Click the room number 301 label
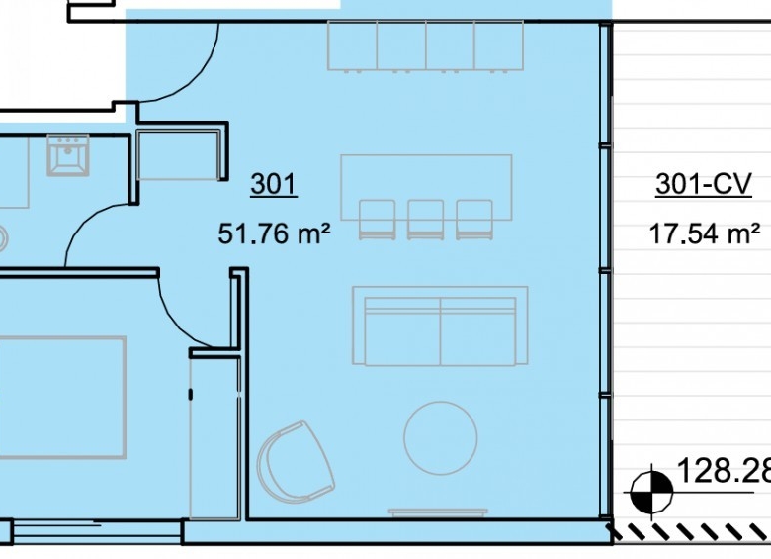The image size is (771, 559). tap(274, 184)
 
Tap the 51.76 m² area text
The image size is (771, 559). tap(274, 233)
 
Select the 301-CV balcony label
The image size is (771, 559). tap(704, 185)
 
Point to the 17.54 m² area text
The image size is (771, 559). tap(705, 233)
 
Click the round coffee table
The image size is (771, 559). tap(441, 437)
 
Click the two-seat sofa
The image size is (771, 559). tap(440, 326)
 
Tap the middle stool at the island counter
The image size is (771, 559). tap(425, 220)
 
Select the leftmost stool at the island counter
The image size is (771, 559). tap(378, 220)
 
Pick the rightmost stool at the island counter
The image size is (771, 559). tap(474, 220)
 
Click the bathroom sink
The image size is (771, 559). tap(68, 154)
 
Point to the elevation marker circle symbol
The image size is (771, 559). tap(651, 492)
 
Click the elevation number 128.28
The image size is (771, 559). tap(724, 470)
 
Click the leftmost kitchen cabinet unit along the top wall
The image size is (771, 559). tap(352, 46)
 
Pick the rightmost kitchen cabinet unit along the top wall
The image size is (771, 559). tap(498, 46)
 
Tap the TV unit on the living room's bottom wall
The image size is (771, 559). tap(439, 512)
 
